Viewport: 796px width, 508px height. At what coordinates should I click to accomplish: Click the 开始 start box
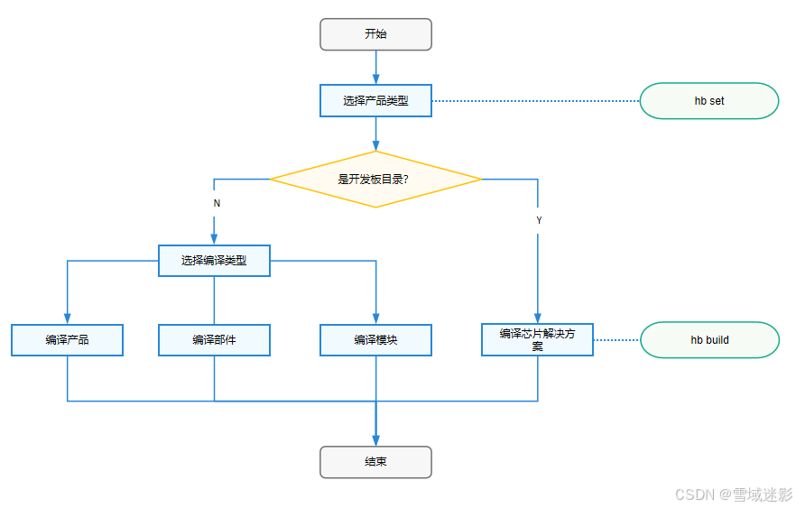tap(375, 34)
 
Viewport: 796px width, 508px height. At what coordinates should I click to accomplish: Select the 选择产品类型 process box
tap(375, 100)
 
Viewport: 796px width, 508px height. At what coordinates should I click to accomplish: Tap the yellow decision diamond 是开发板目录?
tap(375, 180)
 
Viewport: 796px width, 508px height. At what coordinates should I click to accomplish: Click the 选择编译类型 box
tap(214, 261)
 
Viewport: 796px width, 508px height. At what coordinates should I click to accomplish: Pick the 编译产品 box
tap(68, 340)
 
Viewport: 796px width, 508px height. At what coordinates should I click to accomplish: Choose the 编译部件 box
tap(214, 340)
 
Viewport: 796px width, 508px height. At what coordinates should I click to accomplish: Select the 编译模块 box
tap(375, 340)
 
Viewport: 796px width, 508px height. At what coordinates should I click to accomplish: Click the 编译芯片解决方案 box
tap(537, 339)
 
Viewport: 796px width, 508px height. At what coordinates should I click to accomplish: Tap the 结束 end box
tap(375, 462)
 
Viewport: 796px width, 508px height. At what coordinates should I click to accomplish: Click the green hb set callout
tap(708, 101)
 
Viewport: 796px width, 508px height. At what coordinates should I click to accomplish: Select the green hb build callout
tap(708, 340)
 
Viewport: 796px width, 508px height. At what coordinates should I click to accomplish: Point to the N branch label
tap(217, 204)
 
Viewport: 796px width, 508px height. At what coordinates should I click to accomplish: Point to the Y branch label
tap(539, 220)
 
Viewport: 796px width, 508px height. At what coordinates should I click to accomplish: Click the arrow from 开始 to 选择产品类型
tap(375, 67)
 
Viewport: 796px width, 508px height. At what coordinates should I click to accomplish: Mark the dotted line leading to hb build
tap(616, 340)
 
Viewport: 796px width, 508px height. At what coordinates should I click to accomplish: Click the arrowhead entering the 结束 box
tap(375, 440)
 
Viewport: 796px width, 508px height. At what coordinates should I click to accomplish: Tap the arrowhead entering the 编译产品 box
tap(68, 319)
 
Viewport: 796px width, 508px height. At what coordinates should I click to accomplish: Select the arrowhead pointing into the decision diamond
tap(375, 145)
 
